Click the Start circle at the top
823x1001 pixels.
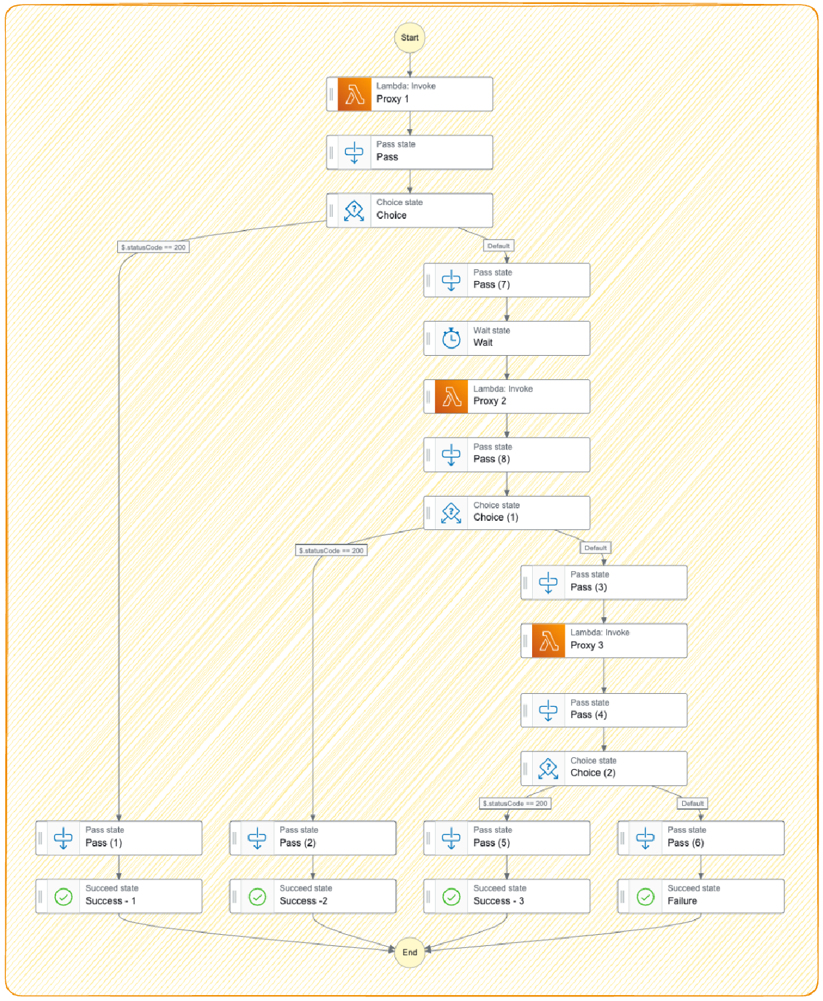click(410, 37)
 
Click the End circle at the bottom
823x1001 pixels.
click(410, 952)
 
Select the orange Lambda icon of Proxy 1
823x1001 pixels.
click(354, 94)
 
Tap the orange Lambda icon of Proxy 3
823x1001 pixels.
click(548, 641)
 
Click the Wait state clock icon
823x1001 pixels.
click(451, 338)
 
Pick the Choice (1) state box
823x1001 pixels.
click(507, 512)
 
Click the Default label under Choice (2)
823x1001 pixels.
click(692, 803)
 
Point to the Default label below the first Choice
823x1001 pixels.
click(498, 246)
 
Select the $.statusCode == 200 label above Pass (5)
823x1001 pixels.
click(515, 803)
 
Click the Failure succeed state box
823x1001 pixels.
click(700, 896)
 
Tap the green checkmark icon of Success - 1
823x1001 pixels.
click(64, 896)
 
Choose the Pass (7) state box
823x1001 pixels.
click(507, 280)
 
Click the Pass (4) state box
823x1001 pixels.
click(603, 709)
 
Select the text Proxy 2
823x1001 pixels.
click(489, 401)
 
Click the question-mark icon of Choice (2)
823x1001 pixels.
click(548, 768)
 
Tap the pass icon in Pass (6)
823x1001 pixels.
click(645, 838)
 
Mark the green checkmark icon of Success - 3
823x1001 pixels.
click(451, 896)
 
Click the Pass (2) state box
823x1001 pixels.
click(313, 838)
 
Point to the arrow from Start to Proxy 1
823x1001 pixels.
click(410, 64)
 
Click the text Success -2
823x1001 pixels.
click(303, 901)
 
